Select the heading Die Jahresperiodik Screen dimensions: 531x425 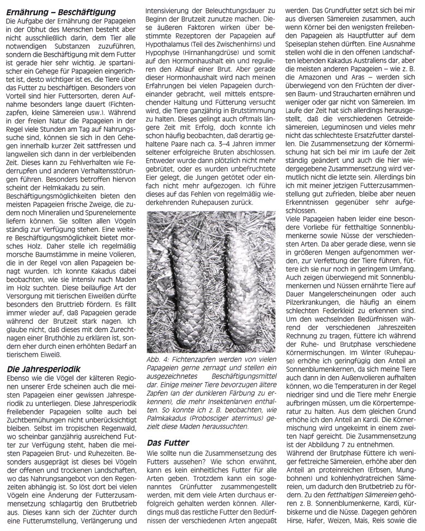click(x=41, y=353)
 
